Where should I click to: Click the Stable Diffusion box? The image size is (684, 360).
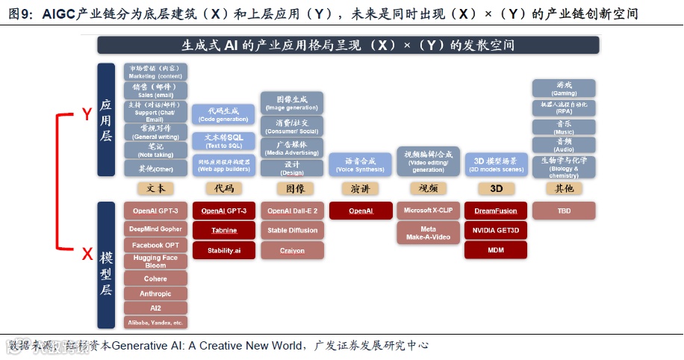coord(292,231)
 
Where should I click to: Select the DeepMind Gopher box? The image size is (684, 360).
coord(155,229)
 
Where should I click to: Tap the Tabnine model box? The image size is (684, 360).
coord(224,231)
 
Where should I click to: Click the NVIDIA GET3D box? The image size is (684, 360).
coord(496,231)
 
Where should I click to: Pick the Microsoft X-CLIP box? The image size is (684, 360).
coord(428,211)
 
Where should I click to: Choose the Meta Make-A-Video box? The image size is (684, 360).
coord(428,233)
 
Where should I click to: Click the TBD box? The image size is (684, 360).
coord(564,211)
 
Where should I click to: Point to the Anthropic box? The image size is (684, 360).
coord(155,294)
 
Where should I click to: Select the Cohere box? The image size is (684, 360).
coord(155,279)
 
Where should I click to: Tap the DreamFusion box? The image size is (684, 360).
coord(496,211)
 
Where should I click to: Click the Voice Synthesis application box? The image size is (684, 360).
coord(360,164)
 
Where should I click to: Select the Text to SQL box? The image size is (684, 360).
coord(224,141)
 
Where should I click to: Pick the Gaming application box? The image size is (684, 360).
coord(564,88)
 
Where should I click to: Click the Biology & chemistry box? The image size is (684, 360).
coord(564,167)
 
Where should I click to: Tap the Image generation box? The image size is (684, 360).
coord(292,102)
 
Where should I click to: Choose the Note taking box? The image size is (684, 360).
coord(155,150)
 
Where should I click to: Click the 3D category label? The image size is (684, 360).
coord(496,188)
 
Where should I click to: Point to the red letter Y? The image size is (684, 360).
coord(87,114)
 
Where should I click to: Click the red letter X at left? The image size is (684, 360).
coord(87,255)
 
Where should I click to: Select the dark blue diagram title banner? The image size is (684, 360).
coord(348,45)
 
